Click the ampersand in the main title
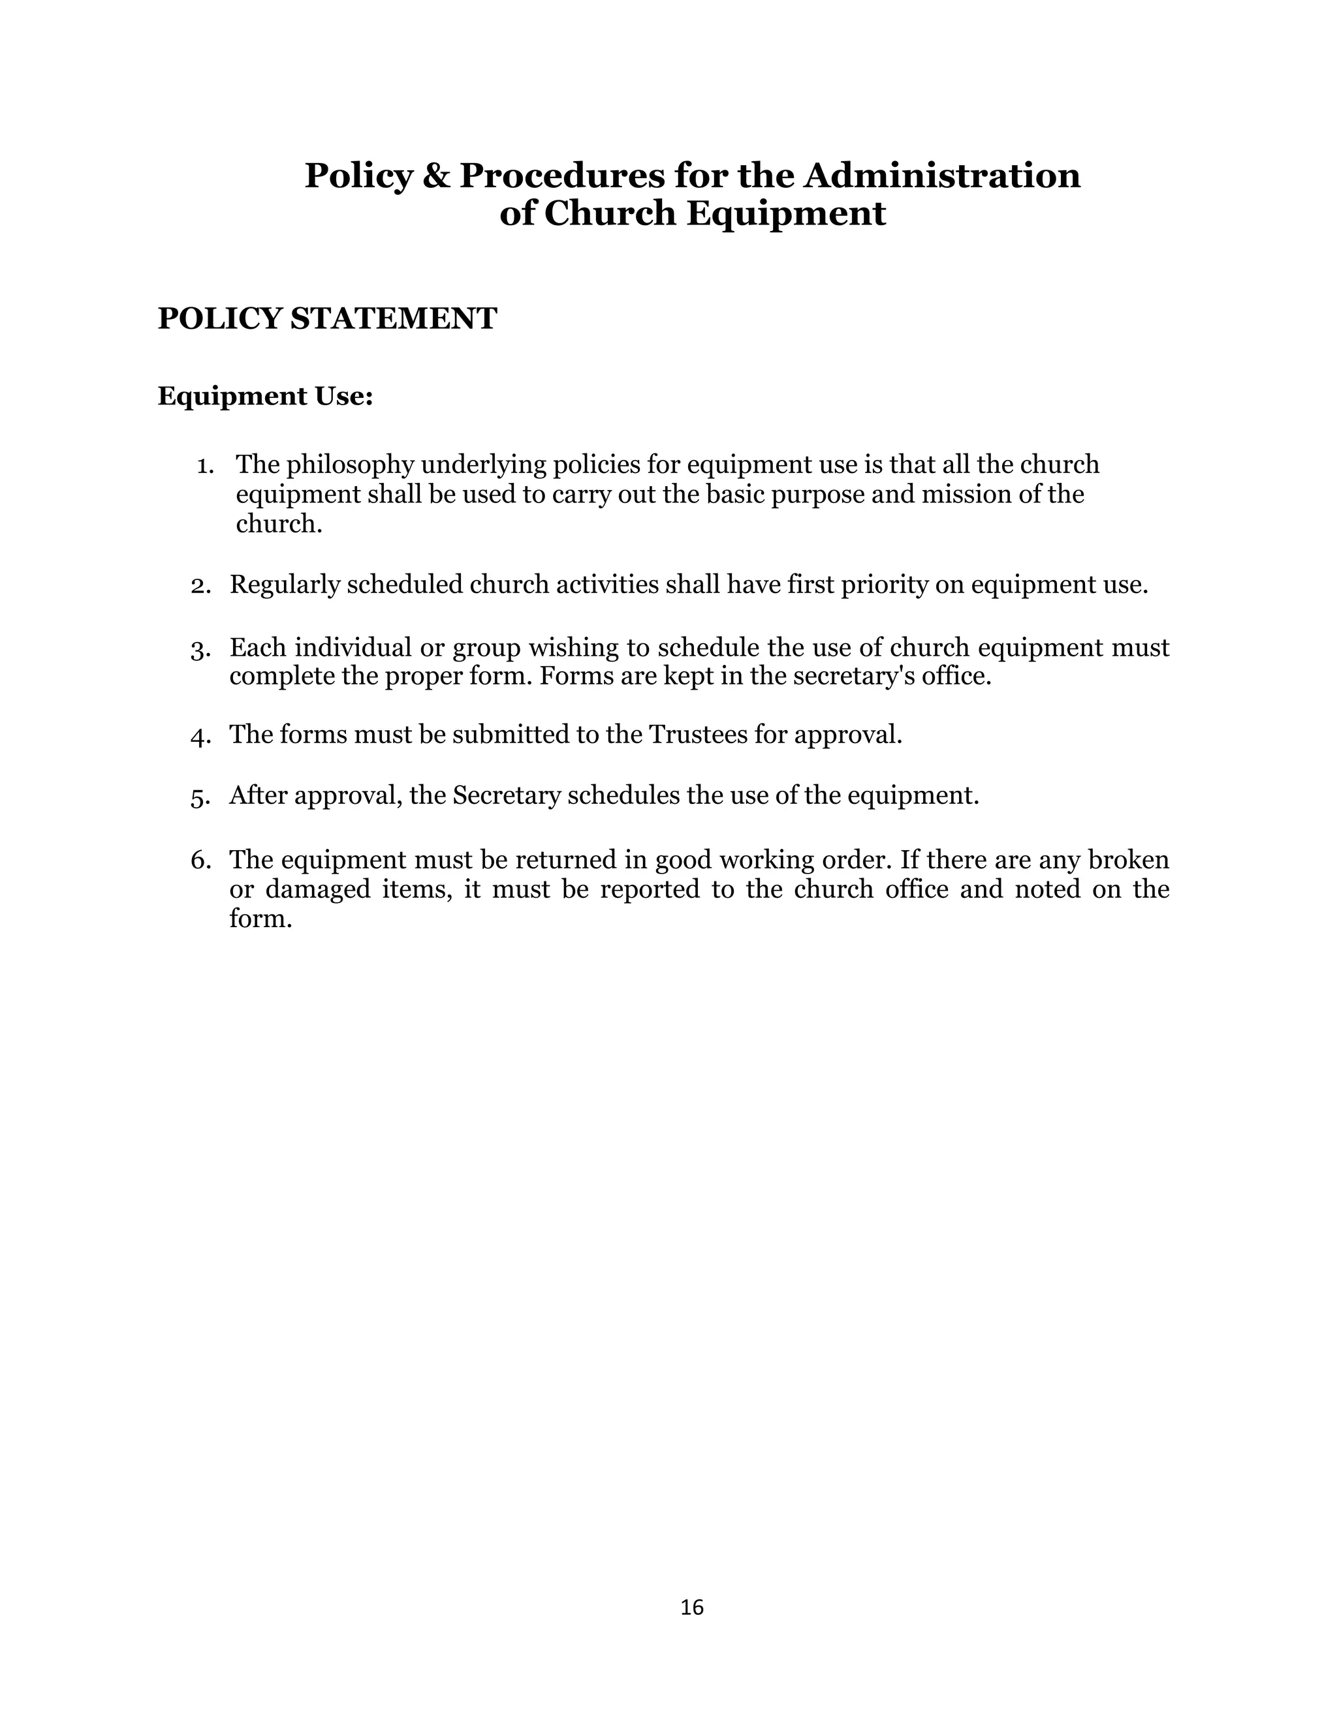(435, 176)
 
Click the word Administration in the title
(942, 176)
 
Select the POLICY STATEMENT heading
(327, 319)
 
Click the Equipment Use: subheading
(264, 396)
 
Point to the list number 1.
(205, 465)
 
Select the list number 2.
(200, 586)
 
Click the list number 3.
(200, 649)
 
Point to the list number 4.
(200, 736)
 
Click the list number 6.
(200, 861)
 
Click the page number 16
(691, 1607)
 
